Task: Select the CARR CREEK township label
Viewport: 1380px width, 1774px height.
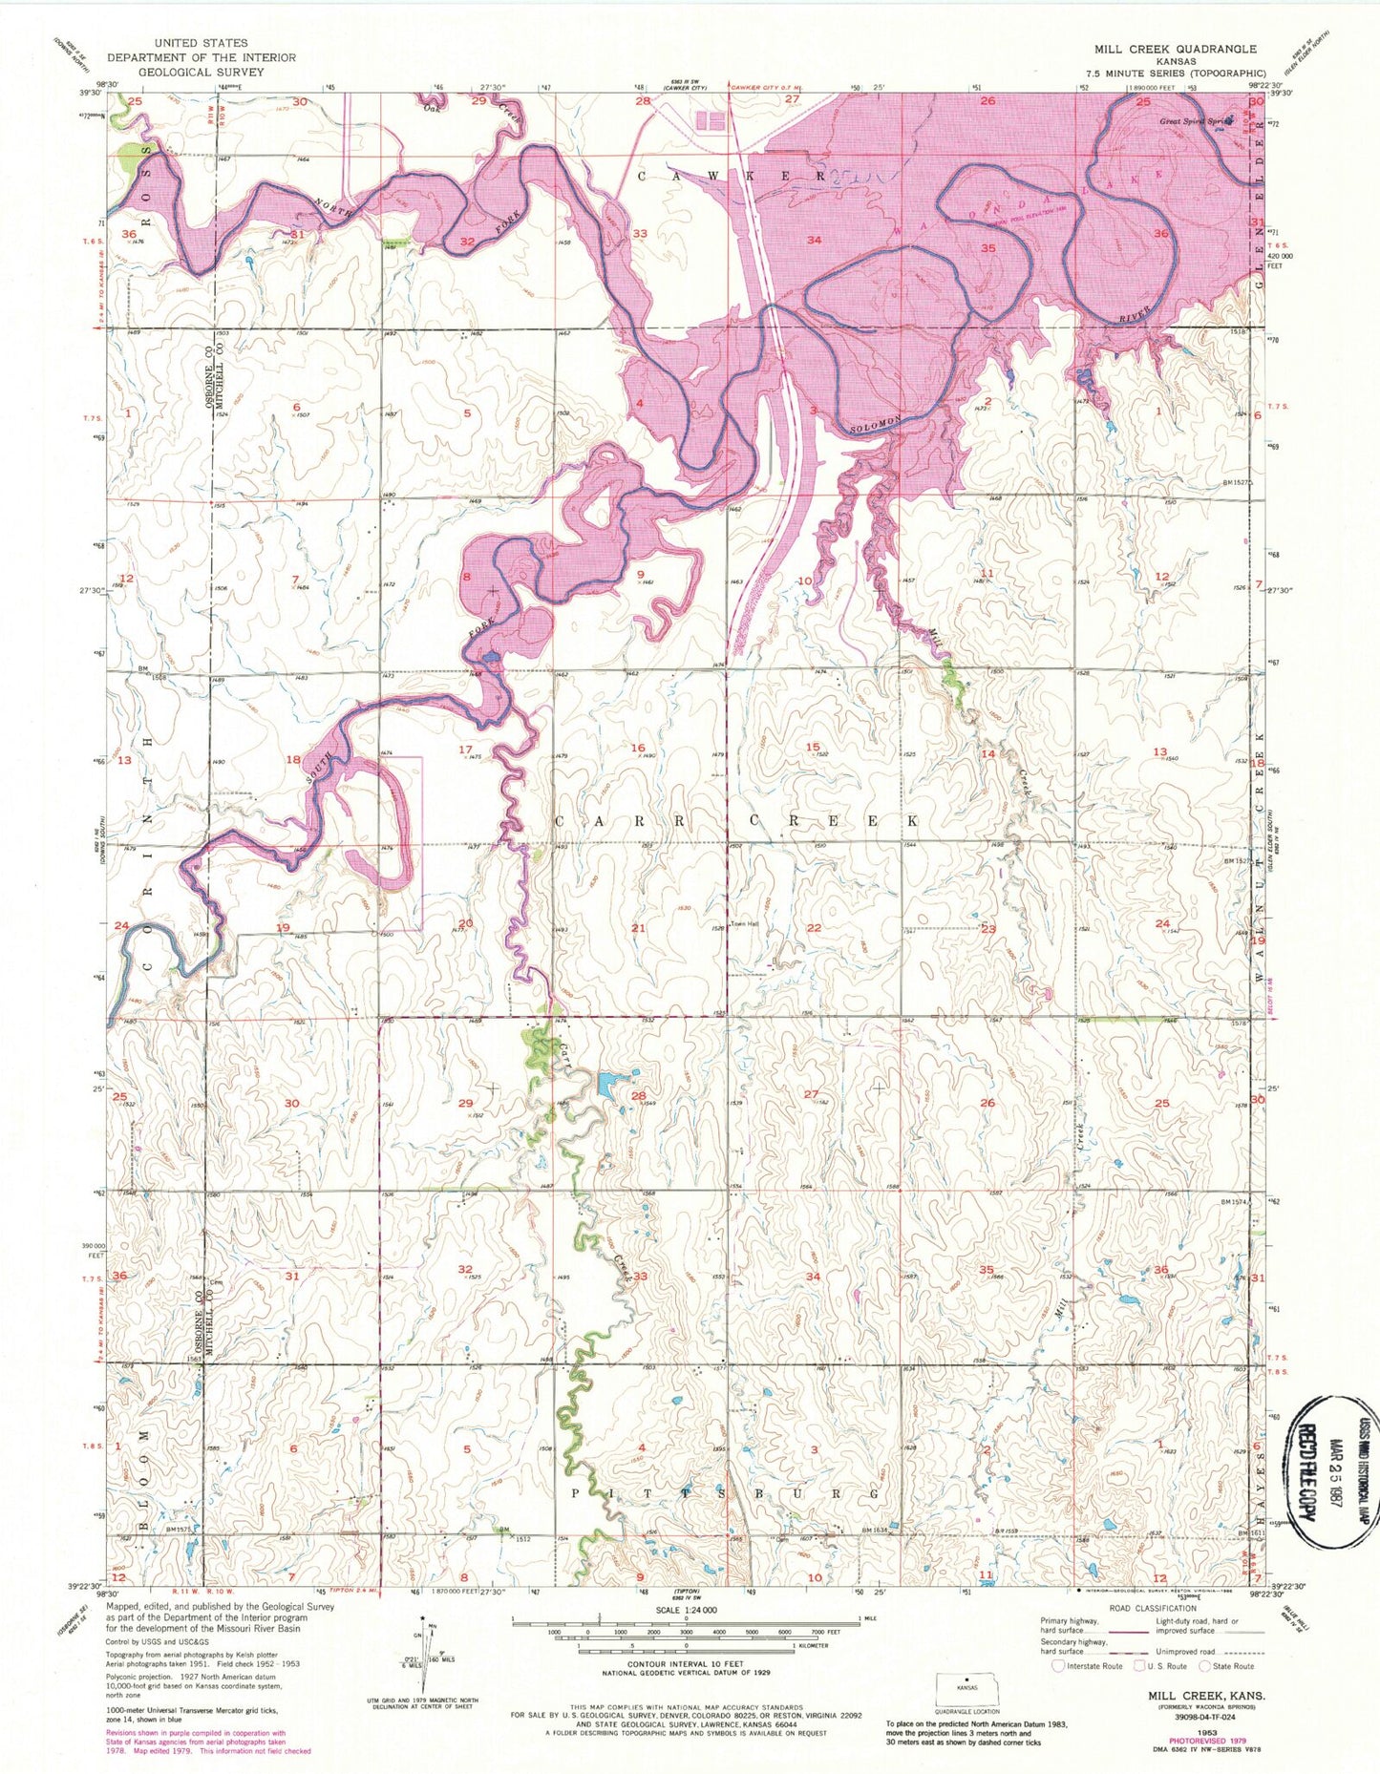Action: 736,821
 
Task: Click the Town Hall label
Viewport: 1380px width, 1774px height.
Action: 744,925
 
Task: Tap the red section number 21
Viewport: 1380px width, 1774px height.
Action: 638,928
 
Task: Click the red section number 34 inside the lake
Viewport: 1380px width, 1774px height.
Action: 814,240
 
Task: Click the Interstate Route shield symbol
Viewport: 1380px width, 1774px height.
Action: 1057,1666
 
